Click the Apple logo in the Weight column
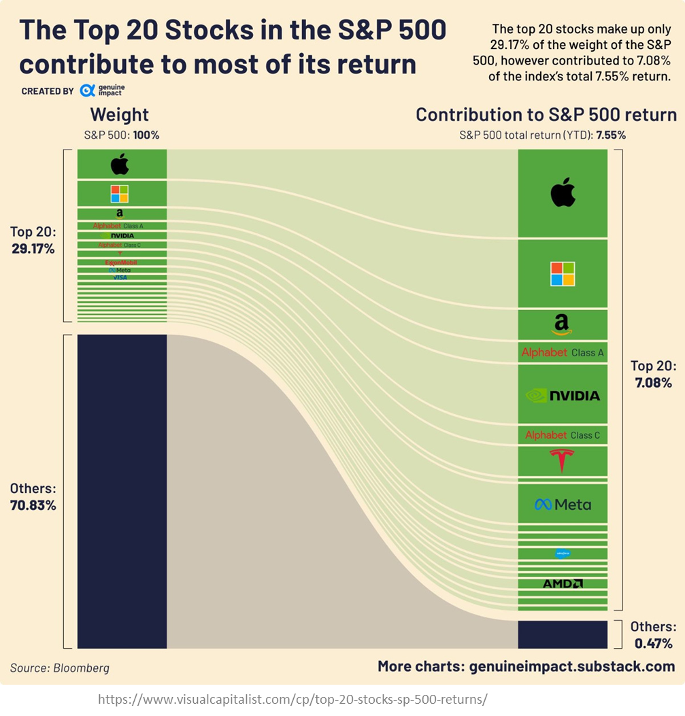click(120, 164)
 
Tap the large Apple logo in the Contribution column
click(563, 192)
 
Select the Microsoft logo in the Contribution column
click(563, 273)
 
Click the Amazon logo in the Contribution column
click(563, 325)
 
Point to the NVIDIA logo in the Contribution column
click(563, 395)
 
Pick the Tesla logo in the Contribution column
click(563, 461)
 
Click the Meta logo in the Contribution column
click(563, 505)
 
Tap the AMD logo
click(563, 583)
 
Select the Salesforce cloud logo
click(563, 553)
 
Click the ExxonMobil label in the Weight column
click(121, 262)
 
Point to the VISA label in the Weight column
click(120, 277)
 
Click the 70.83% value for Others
click(33, 505)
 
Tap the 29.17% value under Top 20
click(33, 248)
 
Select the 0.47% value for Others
click(653, 643)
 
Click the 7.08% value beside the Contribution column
click(653, 383)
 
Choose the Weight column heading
click(120, 114)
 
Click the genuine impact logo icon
click(86, 90)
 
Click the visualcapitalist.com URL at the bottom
click(293, 699)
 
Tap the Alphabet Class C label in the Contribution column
click(563, 435)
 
